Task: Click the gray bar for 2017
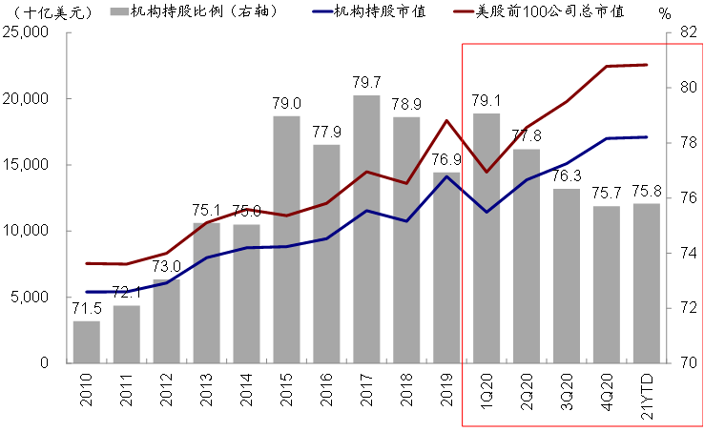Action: (x=366, y=229)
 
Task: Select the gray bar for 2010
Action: (x=87, y=341)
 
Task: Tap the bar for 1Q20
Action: (x=487, y=238)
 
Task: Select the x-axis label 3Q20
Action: (x=567, y=391)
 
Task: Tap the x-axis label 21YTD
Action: (x=647, y=396)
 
